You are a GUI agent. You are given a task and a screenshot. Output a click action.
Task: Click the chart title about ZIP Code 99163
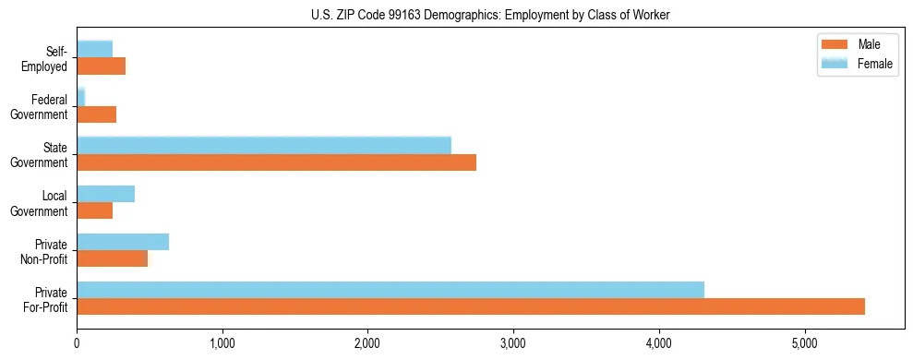click(456, 15)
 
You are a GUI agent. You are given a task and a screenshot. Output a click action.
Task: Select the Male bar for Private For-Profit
click(471, 306)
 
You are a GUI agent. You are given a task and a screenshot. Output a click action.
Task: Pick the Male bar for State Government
click(276, 162)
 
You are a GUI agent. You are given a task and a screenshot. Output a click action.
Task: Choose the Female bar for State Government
click(264, 146)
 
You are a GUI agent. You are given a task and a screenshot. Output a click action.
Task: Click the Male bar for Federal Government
click(97, 114)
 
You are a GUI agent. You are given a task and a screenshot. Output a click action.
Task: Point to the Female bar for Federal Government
click(81, 97)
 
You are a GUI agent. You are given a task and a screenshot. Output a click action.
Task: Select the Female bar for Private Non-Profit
click(123, 242)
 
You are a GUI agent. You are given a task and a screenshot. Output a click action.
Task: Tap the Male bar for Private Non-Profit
click(113, 258)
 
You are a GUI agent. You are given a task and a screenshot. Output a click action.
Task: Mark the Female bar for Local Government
click(106, 194)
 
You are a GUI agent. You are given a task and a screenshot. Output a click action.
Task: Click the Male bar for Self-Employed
click(102, 66)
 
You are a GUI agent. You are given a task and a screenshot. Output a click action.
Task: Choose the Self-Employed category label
click(46, 58)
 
